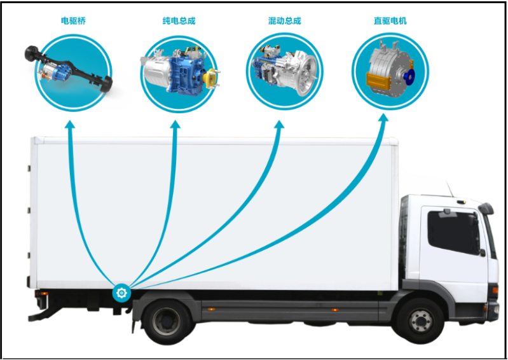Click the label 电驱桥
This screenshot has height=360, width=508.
point(73,21)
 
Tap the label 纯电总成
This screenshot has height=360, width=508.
point(179,21)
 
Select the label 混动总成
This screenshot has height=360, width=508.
point(284,21)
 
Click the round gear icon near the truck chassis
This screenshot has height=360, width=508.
point(121,293)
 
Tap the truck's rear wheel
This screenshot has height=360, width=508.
point(167,322)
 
